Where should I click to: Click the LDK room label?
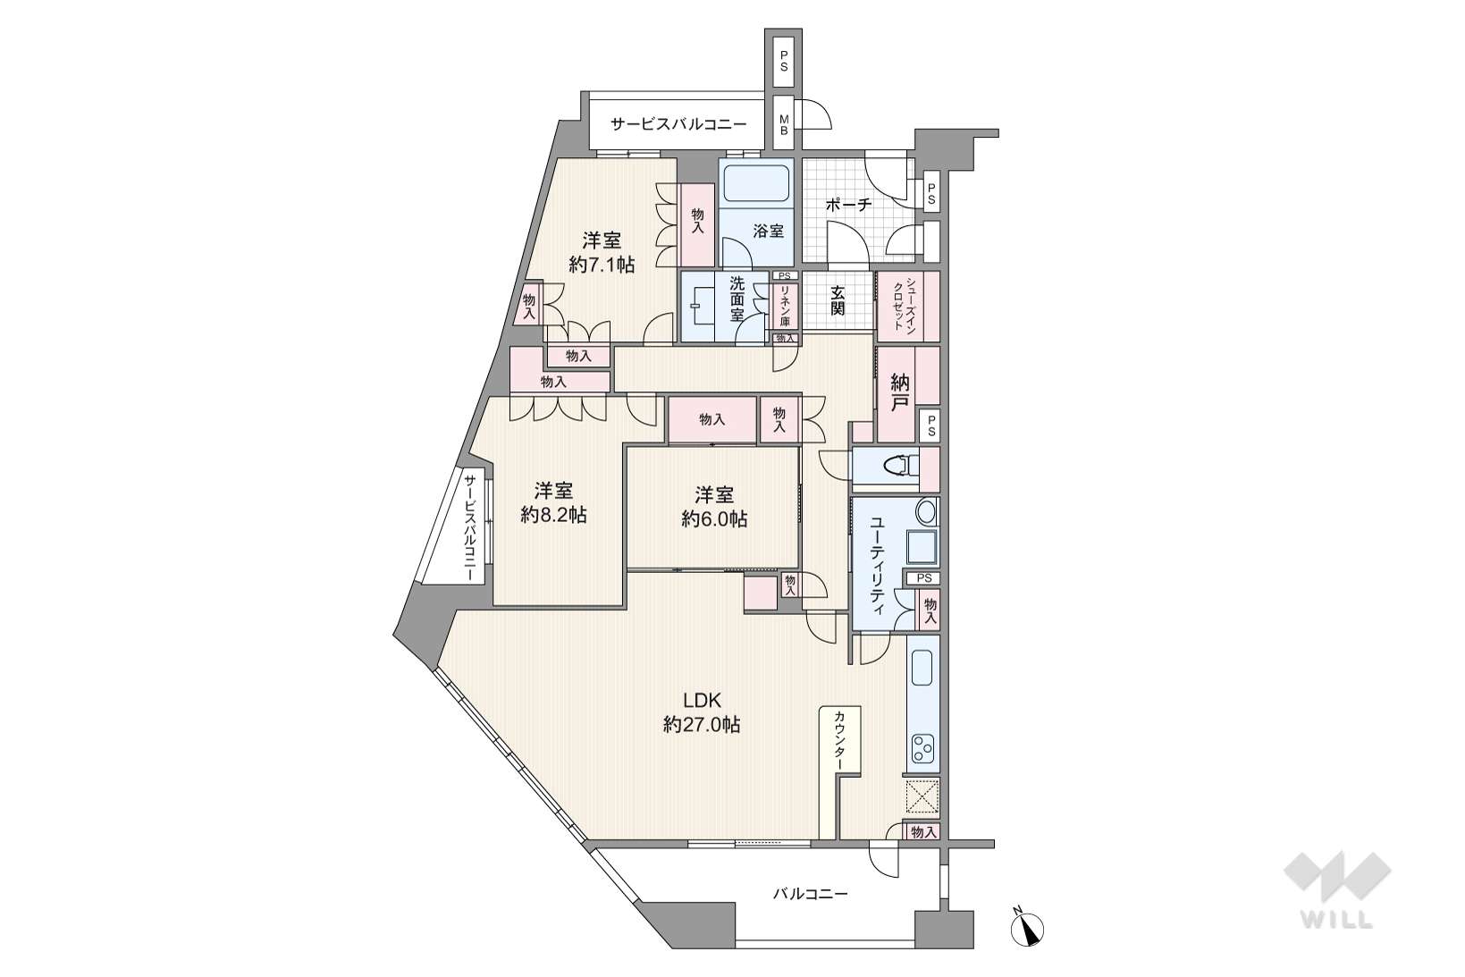(x=702, y=701)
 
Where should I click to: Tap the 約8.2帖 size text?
(x=553, y=515)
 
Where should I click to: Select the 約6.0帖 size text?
(x=714, y=518)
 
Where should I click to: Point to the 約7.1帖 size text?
(x=602, y=265)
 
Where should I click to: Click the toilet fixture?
(x=901, y=466)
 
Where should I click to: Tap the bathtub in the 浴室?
(x=756, y=182)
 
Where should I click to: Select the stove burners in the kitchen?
(x=923, y=748)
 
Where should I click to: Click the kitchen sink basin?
(x=922, y=668)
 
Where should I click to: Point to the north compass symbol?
(x=1027, y=927)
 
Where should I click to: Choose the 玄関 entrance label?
(x=838, y=300)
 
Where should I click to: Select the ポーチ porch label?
(x=848, y=205)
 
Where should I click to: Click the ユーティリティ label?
(x=877, y=566)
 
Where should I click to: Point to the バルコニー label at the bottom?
(x=811, y=893)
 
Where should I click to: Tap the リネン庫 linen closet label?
(x=785, y=307)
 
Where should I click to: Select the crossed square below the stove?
(x=922, y=796)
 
